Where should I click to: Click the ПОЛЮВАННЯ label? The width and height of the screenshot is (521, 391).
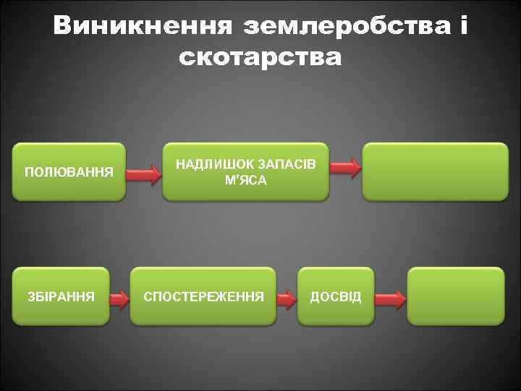pos(69,172)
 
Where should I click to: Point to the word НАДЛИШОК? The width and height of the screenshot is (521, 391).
pos(211,164)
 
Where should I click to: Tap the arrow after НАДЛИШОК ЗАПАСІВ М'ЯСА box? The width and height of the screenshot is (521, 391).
pos(346,168)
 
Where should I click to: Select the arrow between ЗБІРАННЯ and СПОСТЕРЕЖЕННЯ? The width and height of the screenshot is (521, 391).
pos(119,296)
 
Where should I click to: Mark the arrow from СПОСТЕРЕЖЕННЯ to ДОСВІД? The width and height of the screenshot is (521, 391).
pos(287,296)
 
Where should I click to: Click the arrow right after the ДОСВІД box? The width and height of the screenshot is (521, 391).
pos(391,297)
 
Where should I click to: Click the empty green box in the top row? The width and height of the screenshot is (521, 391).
pos(435,171)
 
